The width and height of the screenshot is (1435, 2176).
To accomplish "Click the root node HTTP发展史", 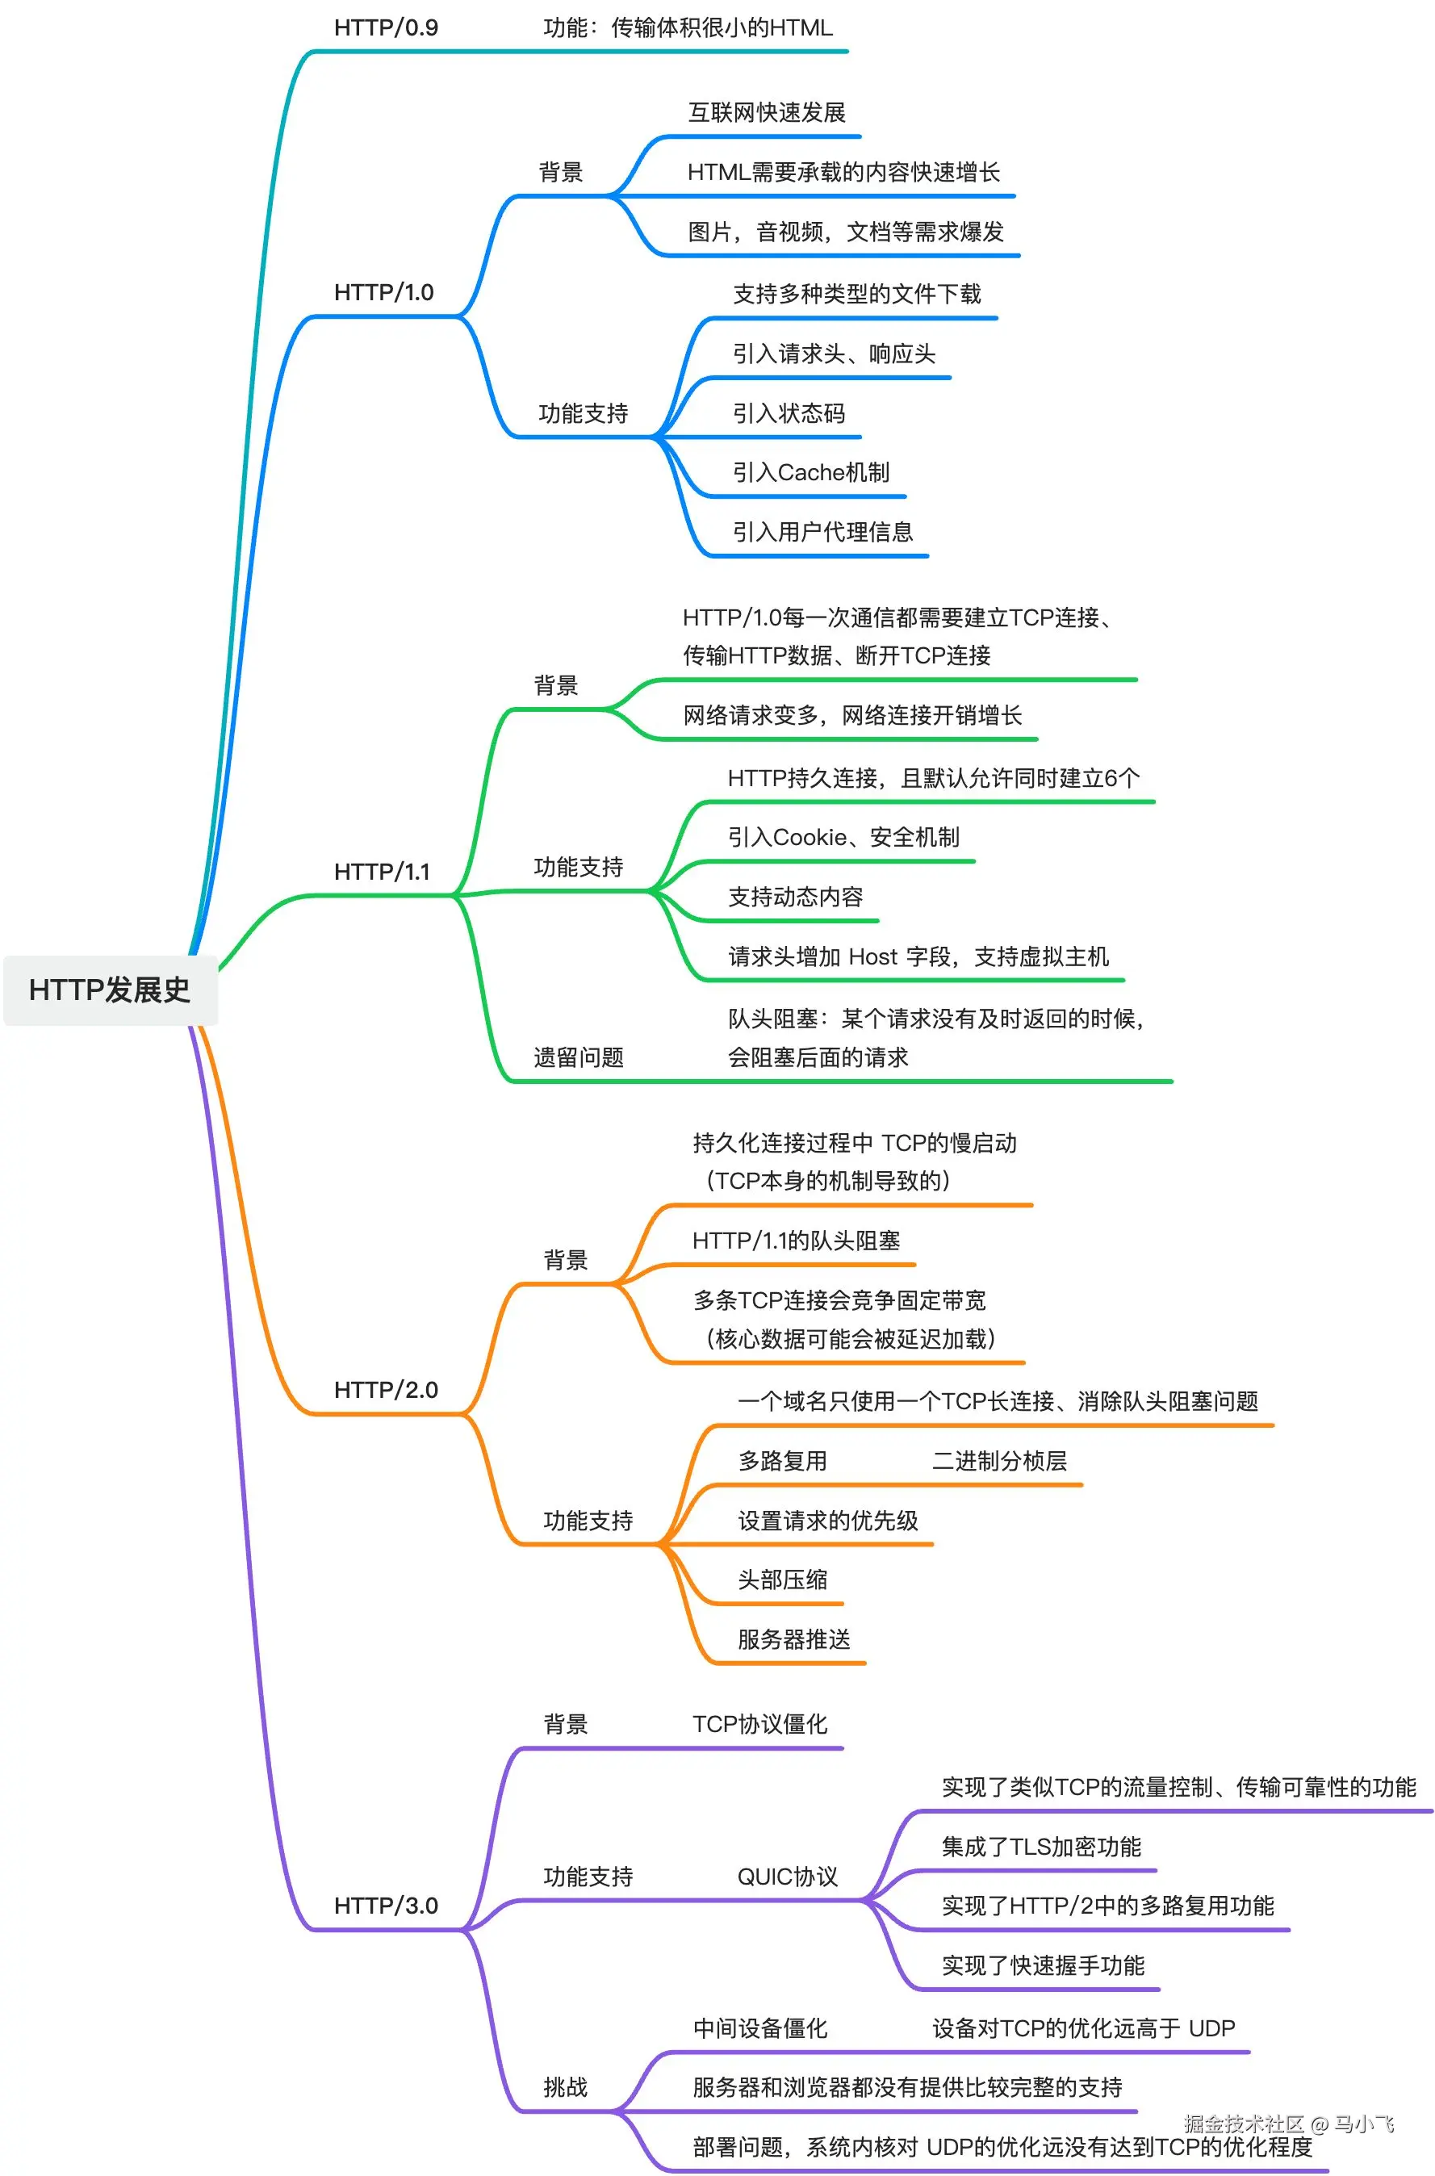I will click(x=110, y=990).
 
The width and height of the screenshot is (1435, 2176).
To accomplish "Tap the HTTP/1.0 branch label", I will click(x=383, y=292).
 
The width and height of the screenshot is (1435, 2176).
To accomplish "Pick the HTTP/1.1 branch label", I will click(x=382, y=871).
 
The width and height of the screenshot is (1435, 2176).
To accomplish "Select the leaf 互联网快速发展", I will click(x=766, y=112).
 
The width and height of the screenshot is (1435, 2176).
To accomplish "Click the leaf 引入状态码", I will click(x=788, y=413).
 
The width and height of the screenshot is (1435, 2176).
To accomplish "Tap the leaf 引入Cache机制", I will click(x=810, y=472).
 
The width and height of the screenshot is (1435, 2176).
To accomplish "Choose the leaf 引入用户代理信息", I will click(x=822, y=532).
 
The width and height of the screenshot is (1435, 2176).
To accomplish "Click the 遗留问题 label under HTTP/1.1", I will click(x=579, y=1058).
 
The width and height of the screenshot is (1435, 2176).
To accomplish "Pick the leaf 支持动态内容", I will click(x=795, y=897).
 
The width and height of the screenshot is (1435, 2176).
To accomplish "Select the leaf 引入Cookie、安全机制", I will click(x=843, y=837).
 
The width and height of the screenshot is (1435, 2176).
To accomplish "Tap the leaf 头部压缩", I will click(x=783, y=1580).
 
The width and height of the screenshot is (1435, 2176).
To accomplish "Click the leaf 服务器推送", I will click(x=793, y=1639).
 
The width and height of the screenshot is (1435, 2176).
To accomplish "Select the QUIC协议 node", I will click(x=787, y=1877).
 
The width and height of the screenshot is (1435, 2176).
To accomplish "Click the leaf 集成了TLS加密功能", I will click(x=1041, y=1847).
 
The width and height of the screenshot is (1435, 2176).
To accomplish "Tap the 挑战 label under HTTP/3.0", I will click(x=566, y=2087).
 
